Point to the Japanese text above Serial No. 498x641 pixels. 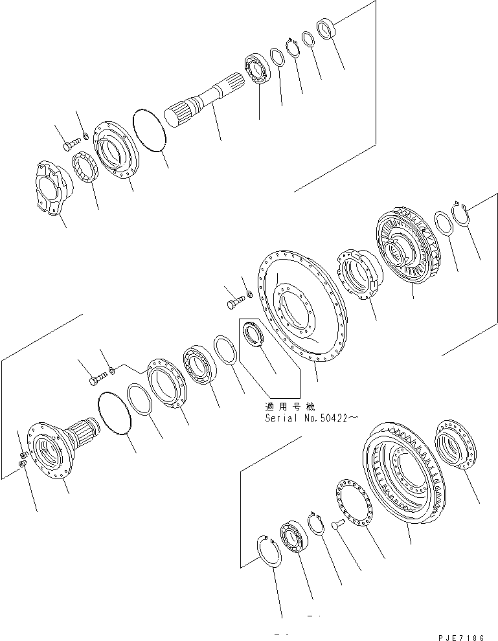click(x=289, y=407)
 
